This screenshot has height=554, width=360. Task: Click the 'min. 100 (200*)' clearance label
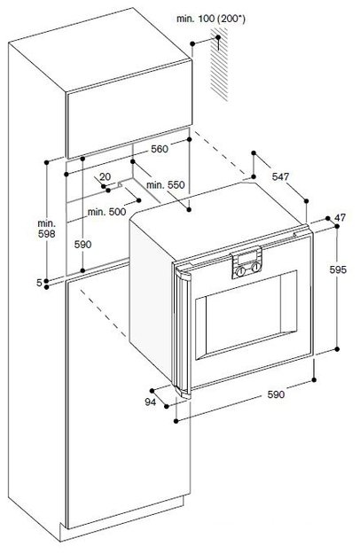[210, 20]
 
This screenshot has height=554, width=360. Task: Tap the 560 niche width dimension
[160, 149]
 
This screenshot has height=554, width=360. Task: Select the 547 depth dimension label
[280, 176]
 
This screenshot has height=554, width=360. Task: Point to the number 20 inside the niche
[105, 176]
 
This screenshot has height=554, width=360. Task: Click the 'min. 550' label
[165, 184]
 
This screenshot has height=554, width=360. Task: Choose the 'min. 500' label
[106, 212]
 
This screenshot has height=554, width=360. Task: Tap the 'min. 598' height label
[47, 229]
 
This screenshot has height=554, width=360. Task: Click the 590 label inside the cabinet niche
[82, 245]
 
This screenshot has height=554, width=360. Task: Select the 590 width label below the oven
[276, 394]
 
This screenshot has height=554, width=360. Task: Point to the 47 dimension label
[340, 218]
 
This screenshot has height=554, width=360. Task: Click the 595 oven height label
[338, 270]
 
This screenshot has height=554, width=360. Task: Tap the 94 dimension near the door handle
[151, 402]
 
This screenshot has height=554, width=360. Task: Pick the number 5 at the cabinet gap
[40, 282]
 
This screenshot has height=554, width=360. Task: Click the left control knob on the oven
[240, 271]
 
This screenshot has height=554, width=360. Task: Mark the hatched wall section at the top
[219, 63]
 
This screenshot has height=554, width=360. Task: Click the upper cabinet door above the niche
[129, 109]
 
